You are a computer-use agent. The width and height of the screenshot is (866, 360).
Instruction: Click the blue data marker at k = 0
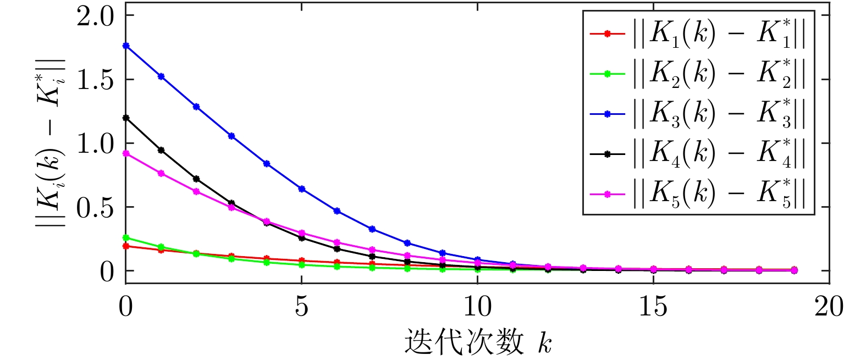pos(126,46)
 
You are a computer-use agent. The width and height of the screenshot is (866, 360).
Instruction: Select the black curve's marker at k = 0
pos(126,118)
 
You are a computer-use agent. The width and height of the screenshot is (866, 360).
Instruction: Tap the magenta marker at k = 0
pos(126,153)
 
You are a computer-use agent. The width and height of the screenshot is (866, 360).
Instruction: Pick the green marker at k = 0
pos(126,237)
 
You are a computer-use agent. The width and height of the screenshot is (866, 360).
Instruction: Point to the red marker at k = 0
pos(126,246)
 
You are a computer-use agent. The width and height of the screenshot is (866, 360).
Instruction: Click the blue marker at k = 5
pos(302,189)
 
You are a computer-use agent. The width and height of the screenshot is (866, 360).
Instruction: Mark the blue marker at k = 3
pos(231,136)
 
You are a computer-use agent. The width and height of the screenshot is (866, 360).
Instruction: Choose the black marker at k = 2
pos(196,179)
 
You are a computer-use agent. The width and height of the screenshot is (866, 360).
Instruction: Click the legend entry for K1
pos(698,34)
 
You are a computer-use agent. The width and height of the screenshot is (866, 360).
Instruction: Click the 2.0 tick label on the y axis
pos(95,16)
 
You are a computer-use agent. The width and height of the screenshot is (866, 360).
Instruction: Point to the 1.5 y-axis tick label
pos(95,80)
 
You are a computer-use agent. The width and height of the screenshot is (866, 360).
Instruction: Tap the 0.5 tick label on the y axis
pos(95,208)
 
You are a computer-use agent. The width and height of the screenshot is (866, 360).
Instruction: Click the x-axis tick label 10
pos(477,307)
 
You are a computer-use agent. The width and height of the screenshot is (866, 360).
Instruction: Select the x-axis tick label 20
pos(829,307)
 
